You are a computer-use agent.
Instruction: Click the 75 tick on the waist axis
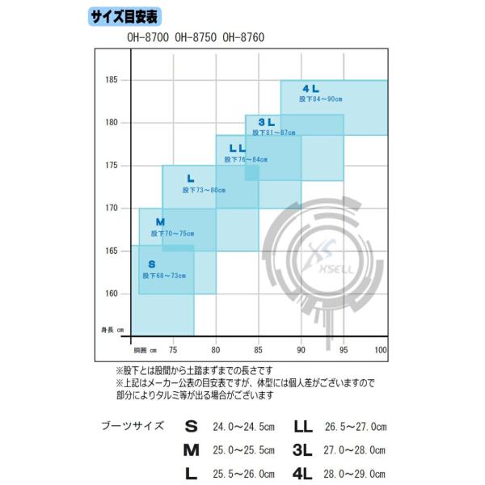pos(172,349)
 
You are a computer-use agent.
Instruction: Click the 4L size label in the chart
pos(311,88)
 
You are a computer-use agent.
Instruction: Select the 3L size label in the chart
pos(267,122)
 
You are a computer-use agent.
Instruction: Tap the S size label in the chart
pos(151,264)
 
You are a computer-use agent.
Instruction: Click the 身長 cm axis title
pos(112,330)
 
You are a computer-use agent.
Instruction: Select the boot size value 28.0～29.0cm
pos(356,471)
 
